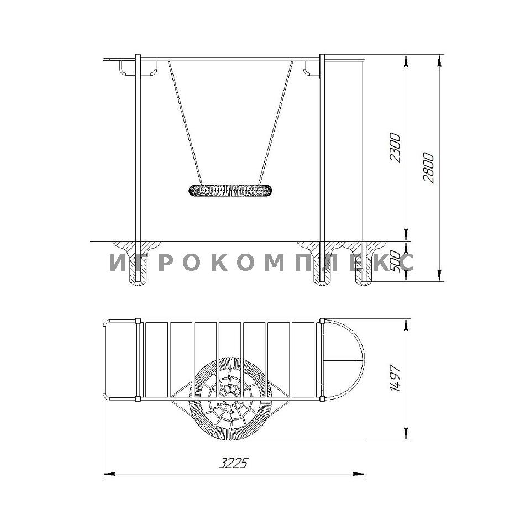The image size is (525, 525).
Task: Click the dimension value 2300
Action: [x=396, y=148]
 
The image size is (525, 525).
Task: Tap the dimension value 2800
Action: [x=429, y=168]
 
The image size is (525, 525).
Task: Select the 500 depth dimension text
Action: [x=395, y=261]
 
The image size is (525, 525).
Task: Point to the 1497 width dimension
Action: [x=395, y=379]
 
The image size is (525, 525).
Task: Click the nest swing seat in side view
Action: [x=230, y=191]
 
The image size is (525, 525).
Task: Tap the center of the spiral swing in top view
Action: [x=230, y=399]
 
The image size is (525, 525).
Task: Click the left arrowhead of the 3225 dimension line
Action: [x=109, y=474]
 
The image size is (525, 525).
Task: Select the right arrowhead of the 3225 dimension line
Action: [x=359, y=474]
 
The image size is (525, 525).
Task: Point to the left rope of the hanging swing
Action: [x=185, y=123]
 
